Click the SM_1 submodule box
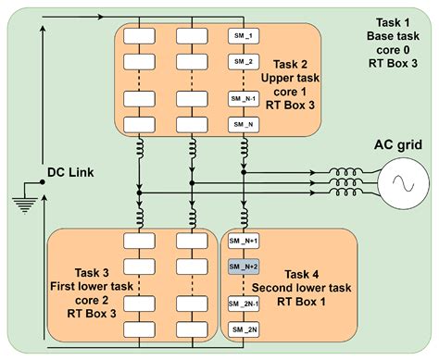click(x=244, y=36)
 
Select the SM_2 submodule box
click(x=244, y=62)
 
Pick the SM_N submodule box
click(x=244, y=124)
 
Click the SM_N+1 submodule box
click(x=245, y=241)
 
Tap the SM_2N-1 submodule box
click(x=245, y=304)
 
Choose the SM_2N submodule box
click(x=245, y=330)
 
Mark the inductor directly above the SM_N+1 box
click(x=244, y=215)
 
